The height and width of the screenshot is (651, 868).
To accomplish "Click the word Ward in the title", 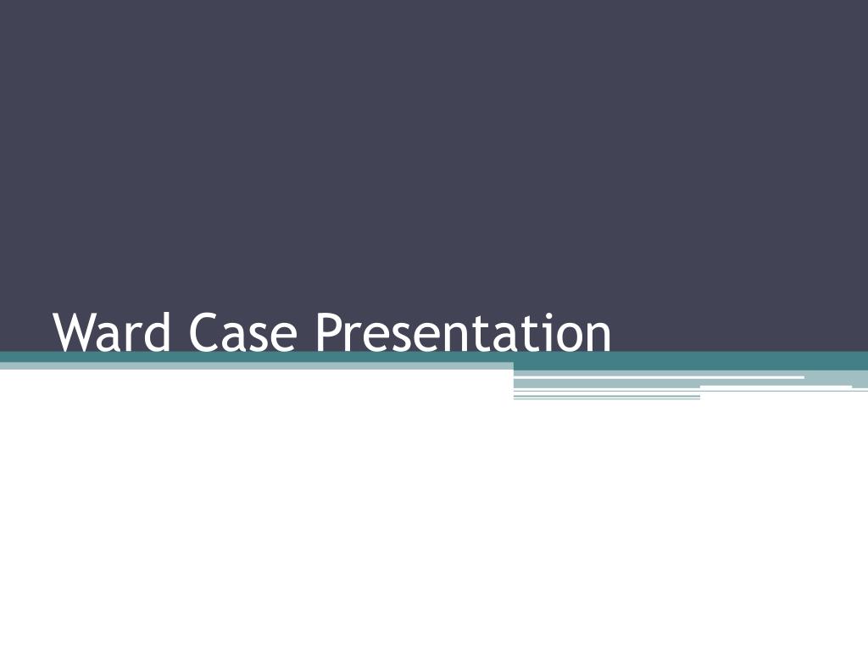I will point(114,333).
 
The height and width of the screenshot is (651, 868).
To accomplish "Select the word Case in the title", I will point(244,333).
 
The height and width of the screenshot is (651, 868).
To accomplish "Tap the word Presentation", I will point(463,333).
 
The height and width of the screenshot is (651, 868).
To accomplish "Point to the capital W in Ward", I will point(74,332).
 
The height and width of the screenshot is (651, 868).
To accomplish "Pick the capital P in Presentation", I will point(329,332).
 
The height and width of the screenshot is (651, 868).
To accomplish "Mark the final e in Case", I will point(285,338).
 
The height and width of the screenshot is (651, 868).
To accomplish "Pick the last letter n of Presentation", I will point(598,338).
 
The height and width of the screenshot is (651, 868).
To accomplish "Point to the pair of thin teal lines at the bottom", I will point(606,397).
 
